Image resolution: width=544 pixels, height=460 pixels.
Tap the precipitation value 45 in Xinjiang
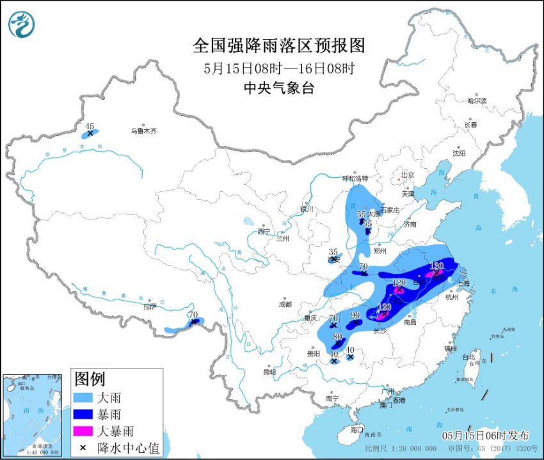coord(90,126)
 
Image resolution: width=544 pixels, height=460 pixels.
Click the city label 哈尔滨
coord(477,100)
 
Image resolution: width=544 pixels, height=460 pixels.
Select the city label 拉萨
coord(150,306)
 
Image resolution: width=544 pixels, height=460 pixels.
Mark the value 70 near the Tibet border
coord(193,315)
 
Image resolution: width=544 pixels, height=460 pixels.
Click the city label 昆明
coord(269,372)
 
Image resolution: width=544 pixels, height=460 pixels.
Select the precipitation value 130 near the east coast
coord(436,266)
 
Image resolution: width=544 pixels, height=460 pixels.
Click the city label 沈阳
coord(459,154)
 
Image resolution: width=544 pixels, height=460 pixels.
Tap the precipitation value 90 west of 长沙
coord(356,315)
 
